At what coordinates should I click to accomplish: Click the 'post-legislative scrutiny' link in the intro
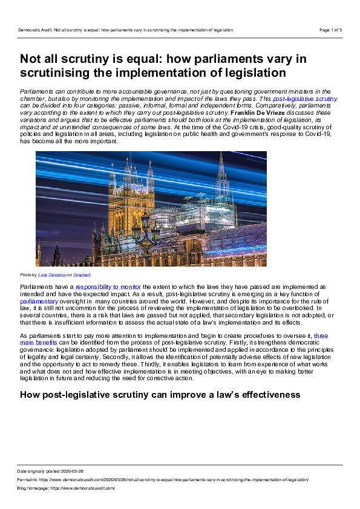coord(304,98)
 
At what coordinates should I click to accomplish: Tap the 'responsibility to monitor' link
coord(108,286)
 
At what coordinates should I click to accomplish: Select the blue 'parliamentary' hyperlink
coord(39,300)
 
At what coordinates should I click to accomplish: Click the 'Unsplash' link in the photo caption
coord(82,274)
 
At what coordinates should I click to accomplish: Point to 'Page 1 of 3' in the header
coord(330,30)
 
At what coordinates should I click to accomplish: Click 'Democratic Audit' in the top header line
coord(34,30)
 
